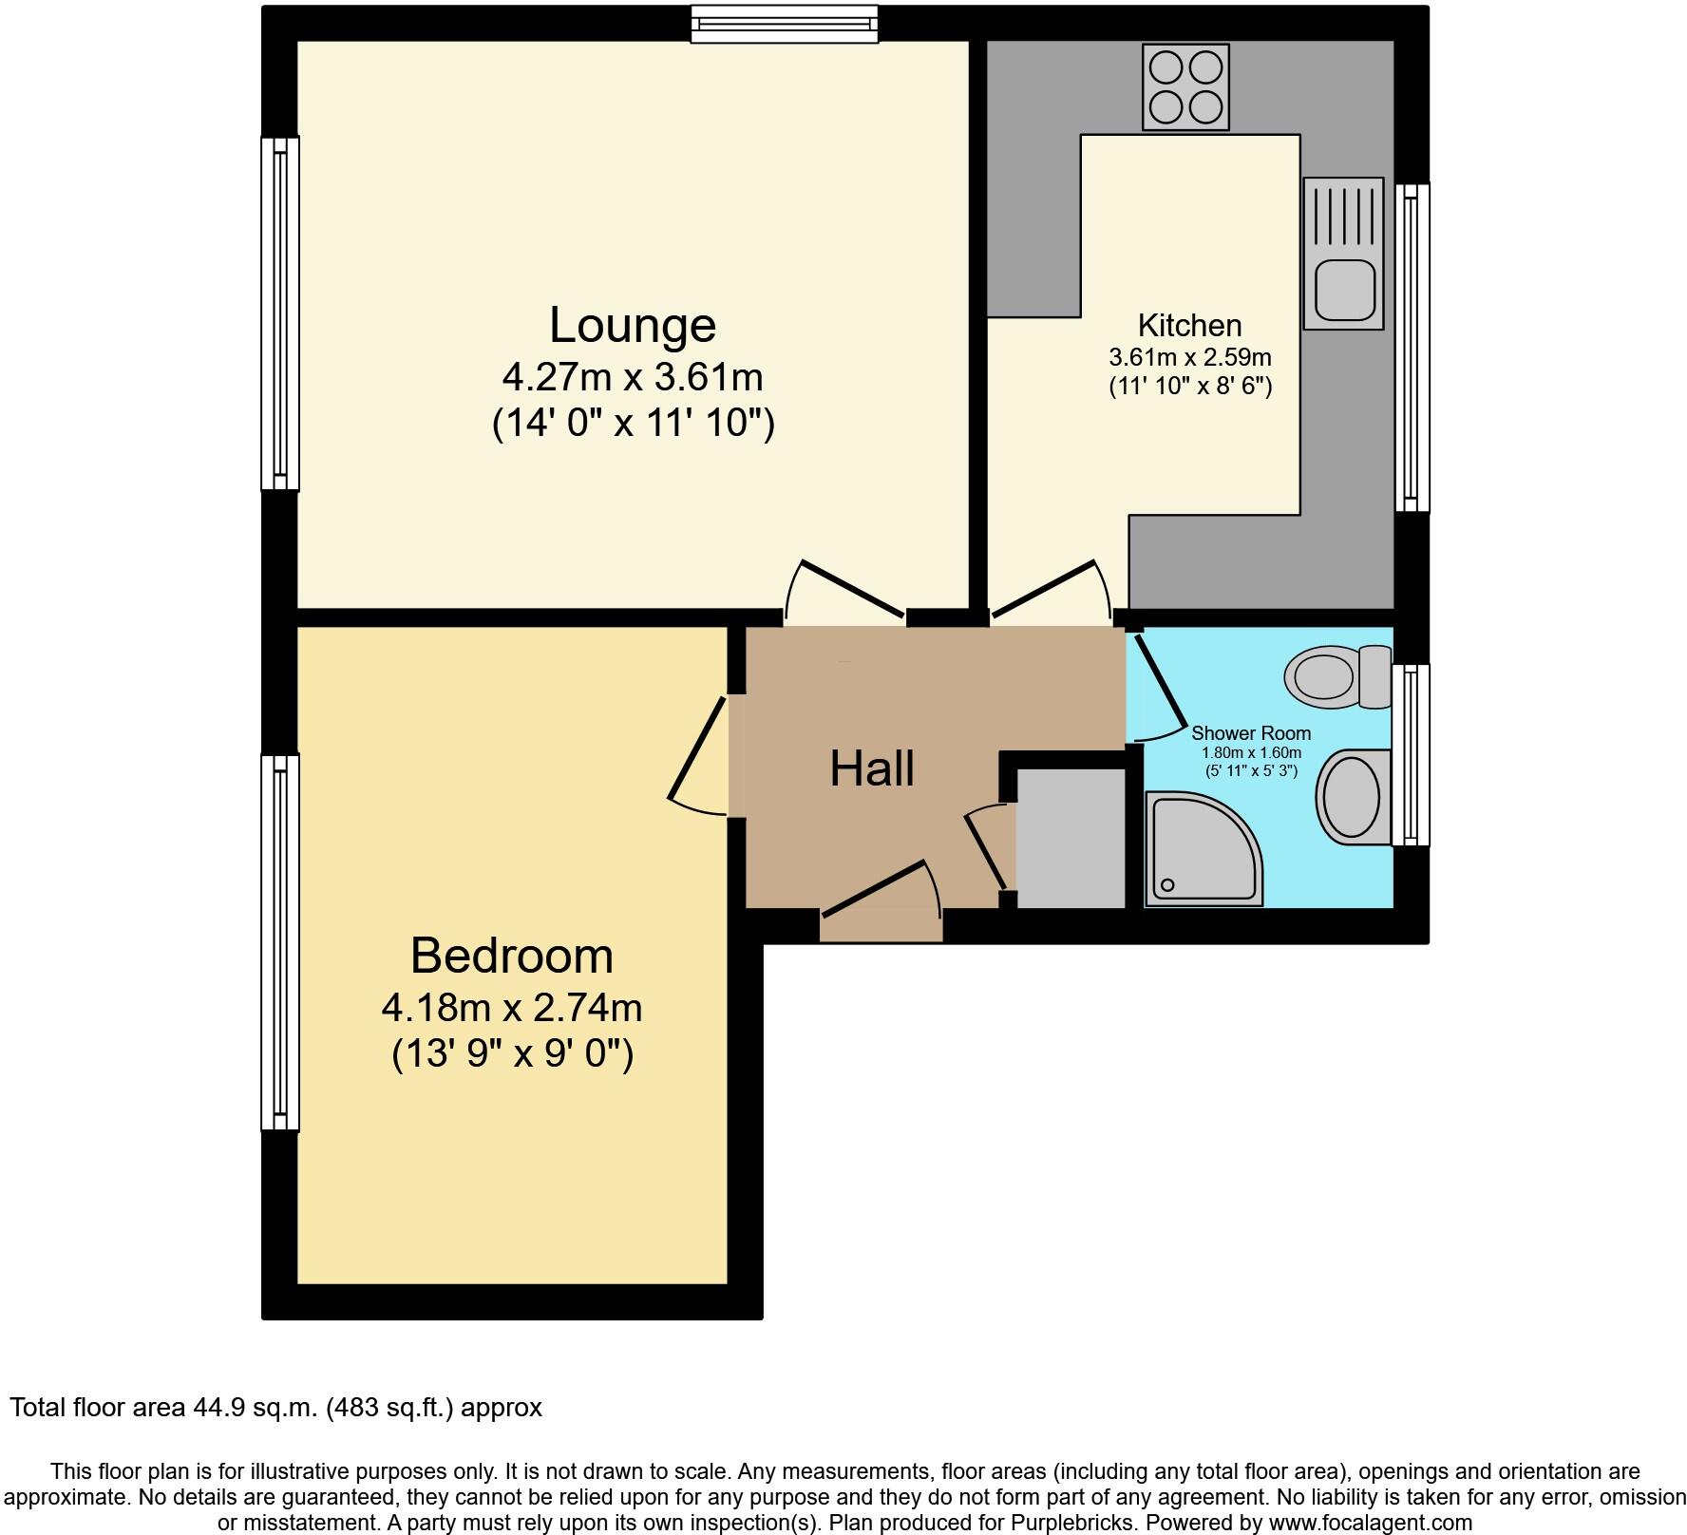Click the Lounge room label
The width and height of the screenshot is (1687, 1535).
pyautogui.click(x=633, y=326)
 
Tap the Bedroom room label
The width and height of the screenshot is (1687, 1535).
pyautogui.click(x=511, y=956)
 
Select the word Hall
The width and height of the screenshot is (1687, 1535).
pyautogui.click(x=872, y=769)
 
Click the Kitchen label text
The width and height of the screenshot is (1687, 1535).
pyautogui.click(x=1189, y=326)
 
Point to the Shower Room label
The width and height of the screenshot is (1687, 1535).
pyautogui.click(x=1251, y=733)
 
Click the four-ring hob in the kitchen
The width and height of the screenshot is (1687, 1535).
pyautogui.click(x=1185, y=88)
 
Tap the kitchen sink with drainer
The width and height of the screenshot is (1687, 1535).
pyautogui.click(x=1343, y=254)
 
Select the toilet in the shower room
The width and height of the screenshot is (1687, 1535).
pyautogui.click(x=1336, y=676)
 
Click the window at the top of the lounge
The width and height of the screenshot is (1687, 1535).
pyautogui.click(x=785, y=24)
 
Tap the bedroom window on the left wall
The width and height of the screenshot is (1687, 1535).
pyautogui.click(x=279, y=942)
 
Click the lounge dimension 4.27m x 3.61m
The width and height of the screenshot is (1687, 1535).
pyautogui.click(x=633, y=378)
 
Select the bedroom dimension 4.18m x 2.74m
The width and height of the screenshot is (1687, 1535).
pyautogui.click(x=511, y=1008)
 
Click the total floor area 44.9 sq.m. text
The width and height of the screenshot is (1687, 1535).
pyautogui.click(x=275, y=1408)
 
